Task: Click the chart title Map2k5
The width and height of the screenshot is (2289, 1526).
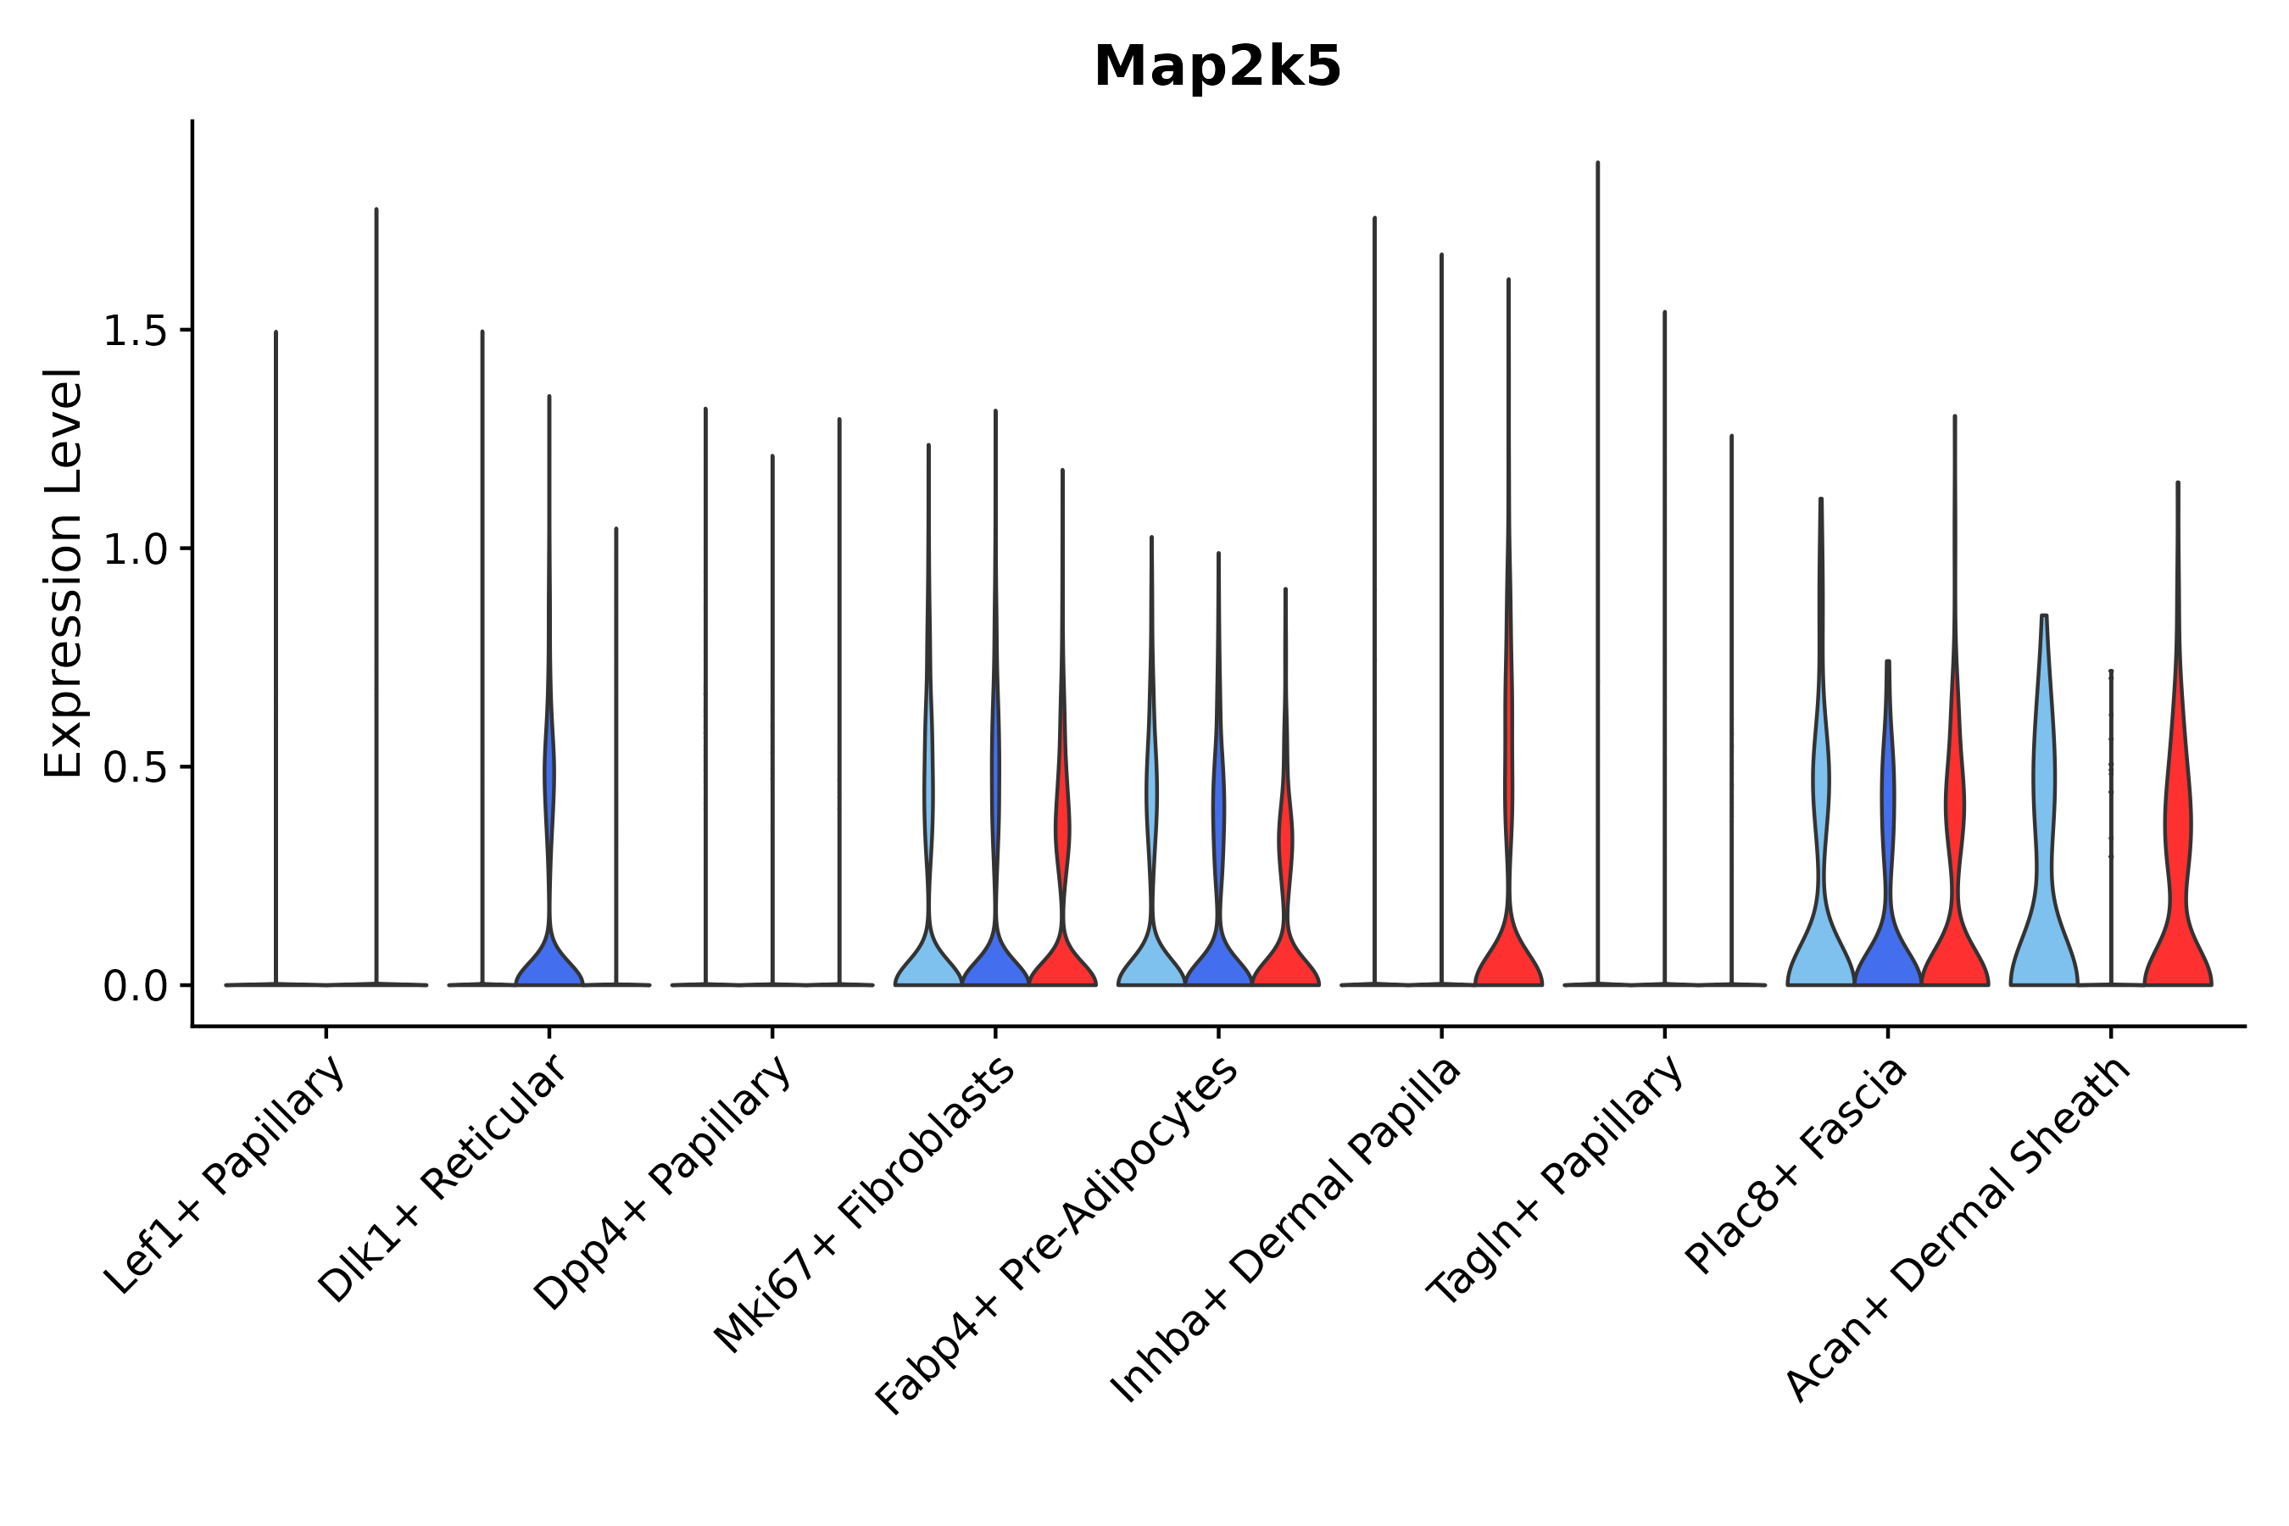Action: [1217, 67]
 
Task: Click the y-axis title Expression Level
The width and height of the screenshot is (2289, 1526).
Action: [64, 573]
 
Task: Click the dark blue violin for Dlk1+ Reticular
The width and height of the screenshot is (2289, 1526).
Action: [549, 963]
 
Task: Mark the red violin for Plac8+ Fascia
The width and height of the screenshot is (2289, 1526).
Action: [1954, 934]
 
